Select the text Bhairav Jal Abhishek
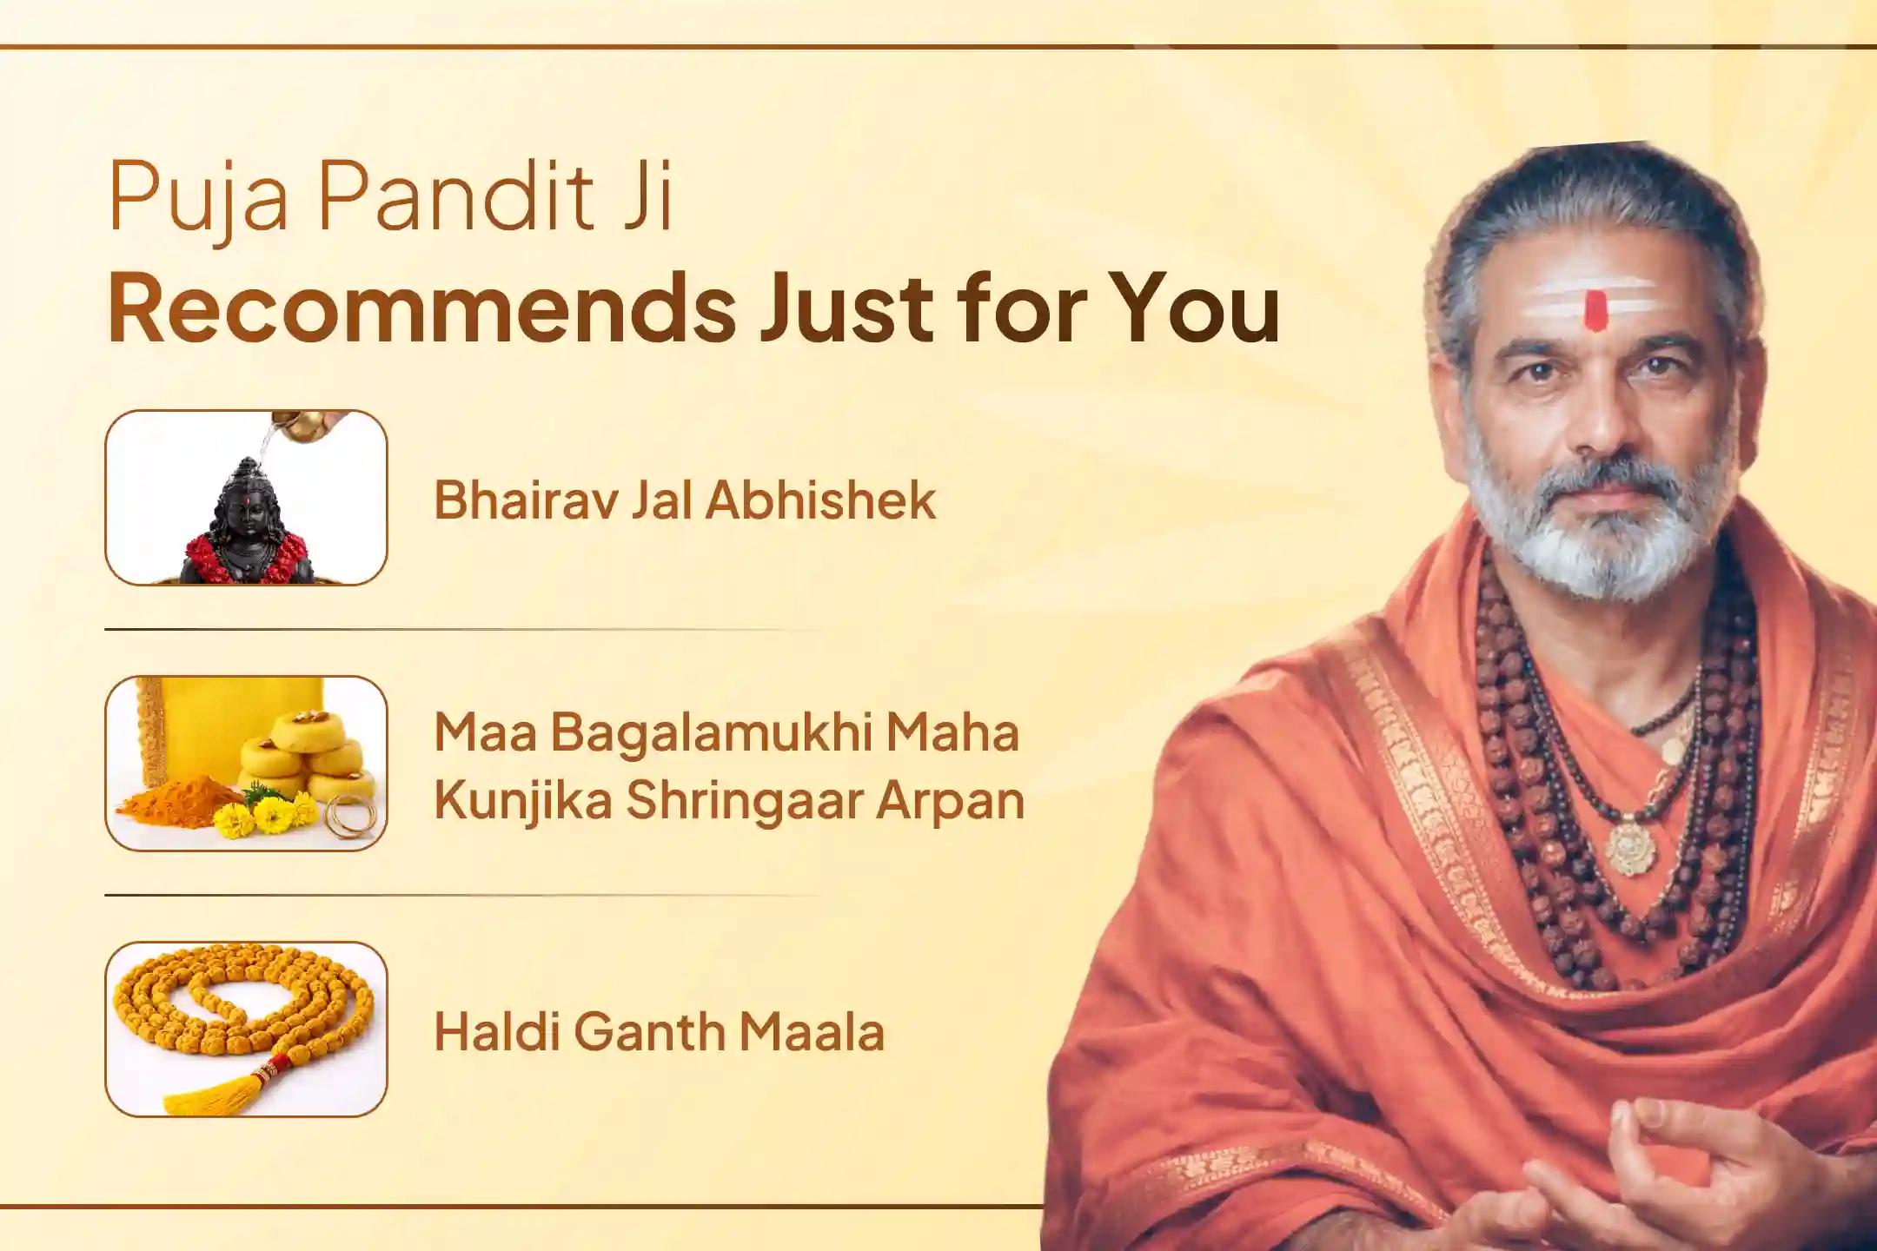(685, 500)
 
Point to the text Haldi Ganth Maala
(659, 1032)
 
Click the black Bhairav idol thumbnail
(246, 521)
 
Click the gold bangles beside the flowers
(352, 817)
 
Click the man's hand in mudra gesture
(1703, 1155)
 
